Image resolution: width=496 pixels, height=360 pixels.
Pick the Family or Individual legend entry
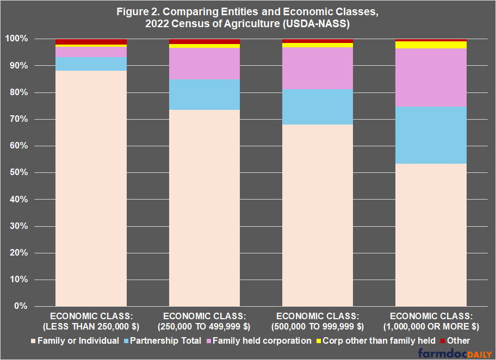[x=77, y=341]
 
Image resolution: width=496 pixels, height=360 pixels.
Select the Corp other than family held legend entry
[x=376, y=341]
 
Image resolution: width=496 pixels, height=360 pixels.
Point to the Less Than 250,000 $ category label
[x=91, y=321]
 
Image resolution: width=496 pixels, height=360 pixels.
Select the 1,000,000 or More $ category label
[x=431, y=321]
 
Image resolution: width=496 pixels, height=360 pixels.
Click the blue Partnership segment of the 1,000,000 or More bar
[x=431, y=135]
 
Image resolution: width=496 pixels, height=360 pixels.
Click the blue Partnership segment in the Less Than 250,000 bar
[x=91, y=64]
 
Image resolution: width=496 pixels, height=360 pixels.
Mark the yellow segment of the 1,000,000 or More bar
[x=431, y=45]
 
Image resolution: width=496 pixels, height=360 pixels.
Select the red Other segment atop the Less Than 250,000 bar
[x=91, y=41]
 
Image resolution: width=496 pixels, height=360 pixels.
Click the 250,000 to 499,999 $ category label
[x=204, y=321]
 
